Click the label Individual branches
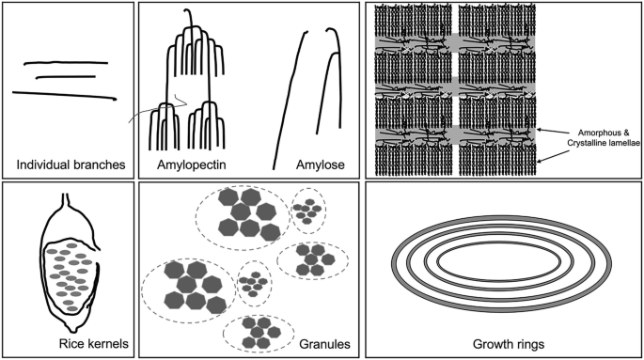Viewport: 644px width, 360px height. click(x=71, y=165)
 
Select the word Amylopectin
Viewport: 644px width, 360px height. click(x=192, y=165)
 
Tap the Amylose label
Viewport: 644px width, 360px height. click(x=321, y=165)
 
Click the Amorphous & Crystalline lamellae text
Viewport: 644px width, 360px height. click(x=604, y=138)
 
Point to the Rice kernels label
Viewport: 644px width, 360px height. click(x=94, y=343)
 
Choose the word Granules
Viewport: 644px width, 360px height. click(x=324, y=344)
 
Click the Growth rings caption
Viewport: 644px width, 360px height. click(x=509, y=344)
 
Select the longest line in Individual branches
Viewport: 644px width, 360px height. click(x=65, y=96)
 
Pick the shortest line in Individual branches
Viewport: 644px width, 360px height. click(x=66, y=77)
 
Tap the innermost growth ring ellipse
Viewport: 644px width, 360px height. click(x=499, y=243)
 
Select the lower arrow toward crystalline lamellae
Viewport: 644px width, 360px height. click(x=553, y=156)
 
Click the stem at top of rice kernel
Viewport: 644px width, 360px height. click(x=65, y=200)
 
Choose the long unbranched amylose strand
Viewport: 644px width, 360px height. click(x=290, y=101)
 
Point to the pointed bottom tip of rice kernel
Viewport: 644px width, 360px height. click(x=73, y=330)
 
